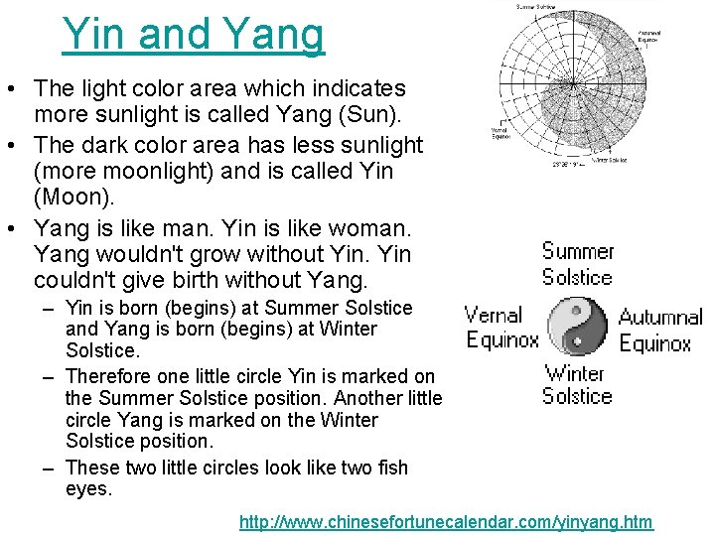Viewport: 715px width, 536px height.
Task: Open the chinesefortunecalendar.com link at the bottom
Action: pos(446,521)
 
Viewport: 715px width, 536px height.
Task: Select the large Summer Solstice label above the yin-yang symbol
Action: pos(577,263)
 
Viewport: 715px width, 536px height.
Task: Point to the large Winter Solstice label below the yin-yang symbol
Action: pos(576,385)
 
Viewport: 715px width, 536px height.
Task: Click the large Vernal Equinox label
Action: pos(501,328)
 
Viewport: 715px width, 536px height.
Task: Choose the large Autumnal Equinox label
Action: pos(660,331)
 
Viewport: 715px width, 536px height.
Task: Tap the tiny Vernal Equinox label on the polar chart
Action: pos(501,132)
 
